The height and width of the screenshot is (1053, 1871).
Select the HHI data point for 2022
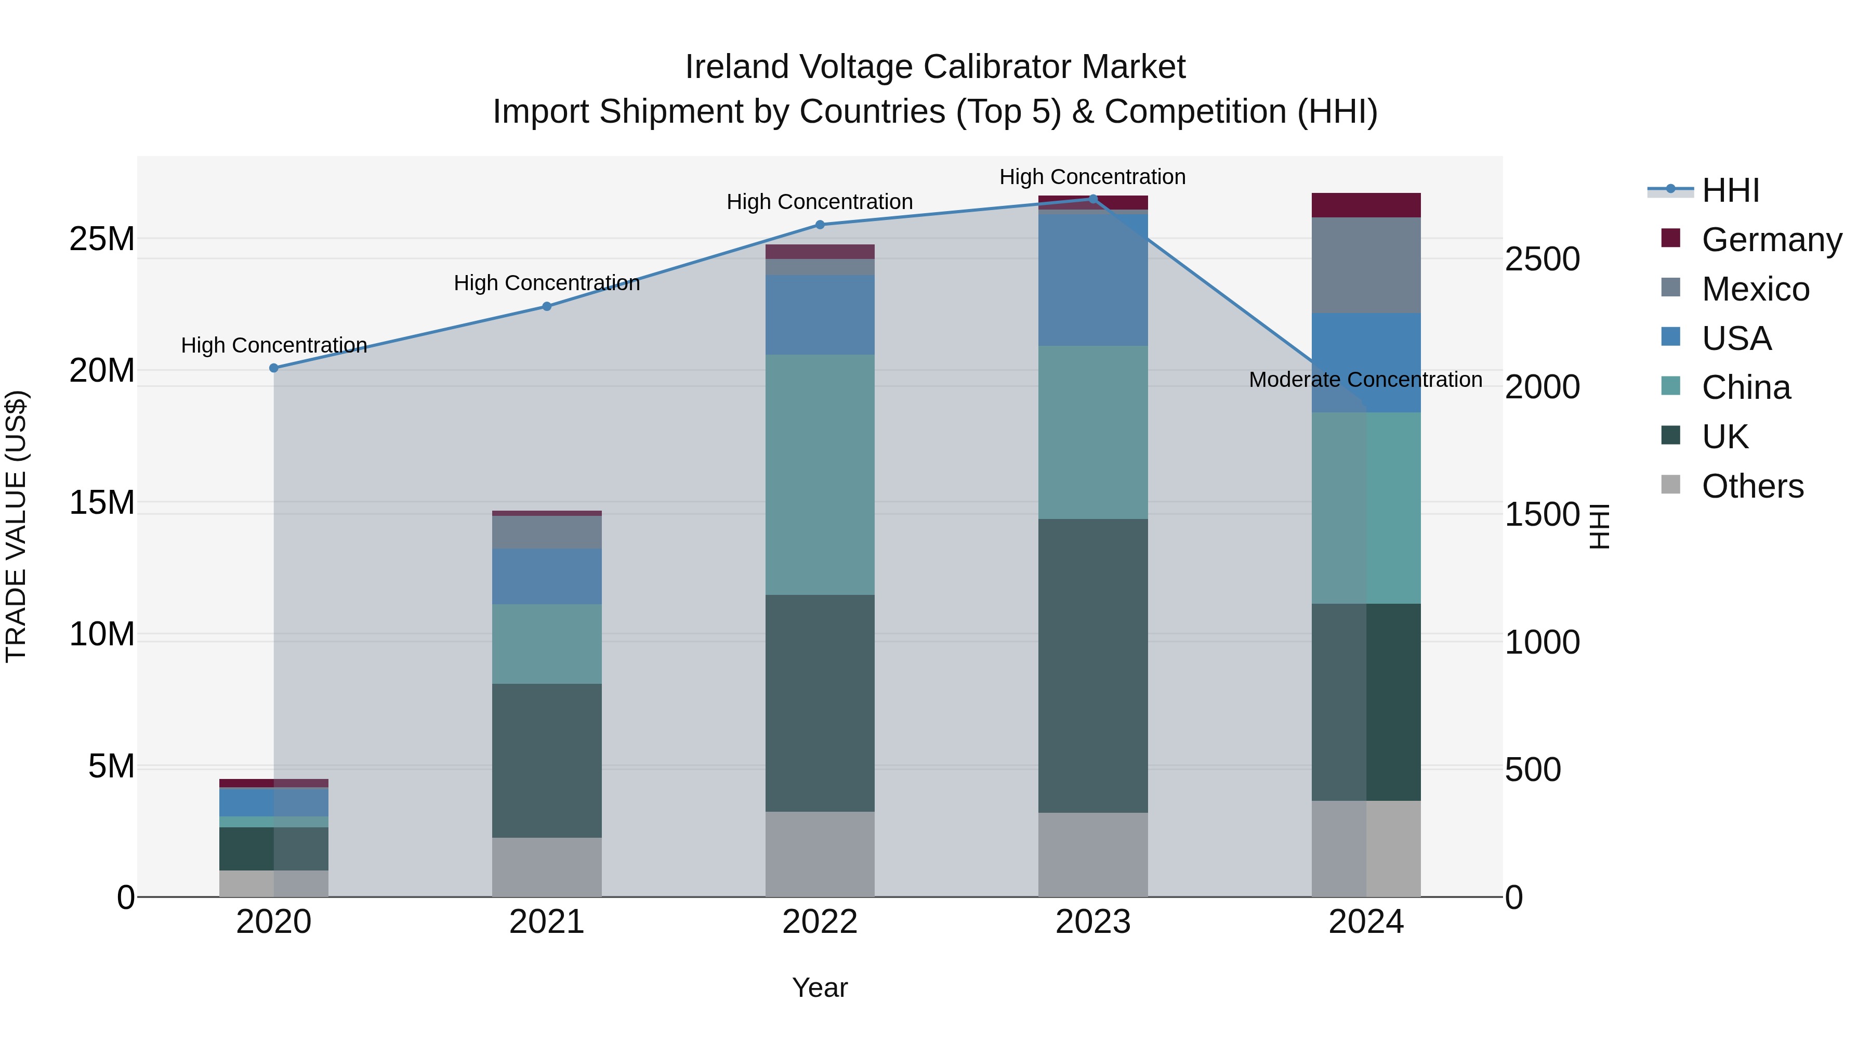[x=820, y=225]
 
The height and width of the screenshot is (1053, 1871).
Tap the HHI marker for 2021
[x=547, y=307]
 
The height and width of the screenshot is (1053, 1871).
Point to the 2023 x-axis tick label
[x=1092, y=922]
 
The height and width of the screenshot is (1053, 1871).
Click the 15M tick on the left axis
[x=102, y=503]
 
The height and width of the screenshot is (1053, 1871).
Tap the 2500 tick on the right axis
[x=1542, y=259]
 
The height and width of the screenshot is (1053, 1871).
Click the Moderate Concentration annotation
[x=1365, y=380]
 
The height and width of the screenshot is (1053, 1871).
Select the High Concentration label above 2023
[x=1092, y=177]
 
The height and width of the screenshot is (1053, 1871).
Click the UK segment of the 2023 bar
[x=1092, y=665]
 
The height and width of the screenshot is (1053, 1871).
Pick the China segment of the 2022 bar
[x=820, y=475]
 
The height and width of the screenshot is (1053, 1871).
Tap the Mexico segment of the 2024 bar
[x=1365, y=265]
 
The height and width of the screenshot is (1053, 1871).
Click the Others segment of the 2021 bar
[x=547, y=867]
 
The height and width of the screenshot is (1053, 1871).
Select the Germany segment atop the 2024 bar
[x=1365, y=205]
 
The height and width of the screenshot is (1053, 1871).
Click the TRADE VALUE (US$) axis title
[x=16, y=527]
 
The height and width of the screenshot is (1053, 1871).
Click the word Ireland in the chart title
[x=736, y=67]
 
